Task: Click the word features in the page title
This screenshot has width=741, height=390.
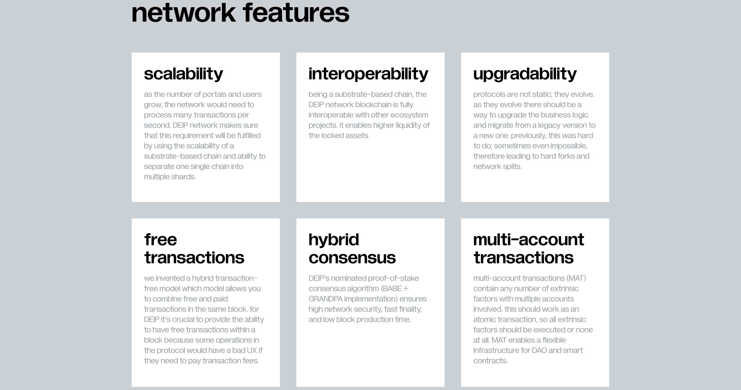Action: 296,13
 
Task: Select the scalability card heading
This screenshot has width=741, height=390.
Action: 183,74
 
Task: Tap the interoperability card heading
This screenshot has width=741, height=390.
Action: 368,74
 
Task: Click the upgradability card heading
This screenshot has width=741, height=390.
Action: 525,74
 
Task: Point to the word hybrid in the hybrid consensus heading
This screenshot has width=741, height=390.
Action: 334,240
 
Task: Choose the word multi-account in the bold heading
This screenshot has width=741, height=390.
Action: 529,240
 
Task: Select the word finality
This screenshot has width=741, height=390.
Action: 410,309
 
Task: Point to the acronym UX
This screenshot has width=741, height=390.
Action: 252,351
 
